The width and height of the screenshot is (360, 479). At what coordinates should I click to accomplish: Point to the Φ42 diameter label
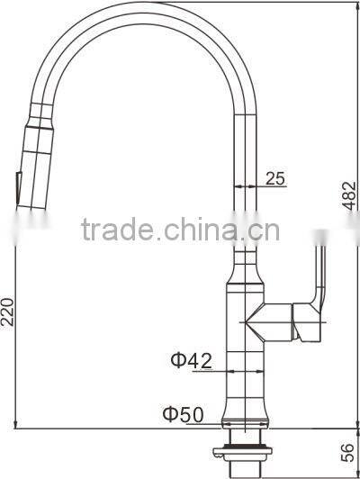coord(192,360)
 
